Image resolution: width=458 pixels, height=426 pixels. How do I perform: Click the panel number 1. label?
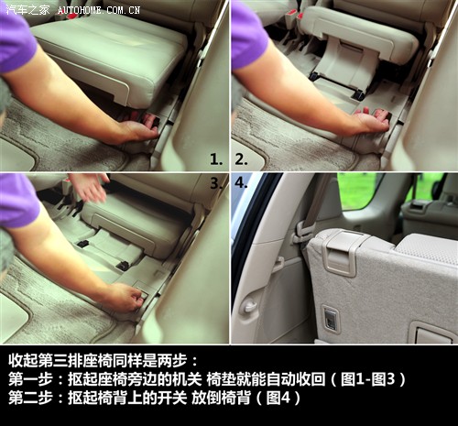tap(216, 159)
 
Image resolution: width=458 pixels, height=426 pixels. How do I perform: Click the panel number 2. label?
tap(241, 159)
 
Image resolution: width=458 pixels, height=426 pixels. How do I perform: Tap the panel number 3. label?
tap(216, 183)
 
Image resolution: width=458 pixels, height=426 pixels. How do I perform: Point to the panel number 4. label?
tap(241, 183)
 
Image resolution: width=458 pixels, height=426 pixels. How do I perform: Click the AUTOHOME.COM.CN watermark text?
tap(99, 10)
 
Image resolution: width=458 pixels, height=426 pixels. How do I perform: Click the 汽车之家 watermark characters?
tap(27, 10)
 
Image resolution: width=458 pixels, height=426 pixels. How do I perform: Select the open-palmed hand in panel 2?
tap(373, 119)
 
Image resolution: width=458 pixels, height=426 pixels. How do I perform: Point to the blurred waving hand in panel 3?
tap(90, 187)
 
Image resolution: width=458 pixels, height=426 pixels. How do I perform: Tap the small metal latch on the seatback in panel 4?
tap(331, 319)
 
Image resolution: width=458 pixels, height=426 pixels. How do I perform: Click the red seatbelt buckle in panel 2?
tap(292, 15)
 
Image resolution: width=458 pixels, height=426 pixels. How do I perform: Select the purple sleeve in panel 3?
tap(19, 202)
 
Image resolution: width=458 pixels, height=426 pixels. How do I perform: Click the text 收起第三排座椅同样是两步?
tap(98, 361)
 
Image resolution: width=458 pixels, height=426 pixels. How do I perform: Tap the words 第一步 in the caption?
tap(31, 379)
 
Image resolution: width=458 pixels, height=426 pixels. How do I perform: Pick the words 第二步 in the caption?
tap(31, 398)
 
